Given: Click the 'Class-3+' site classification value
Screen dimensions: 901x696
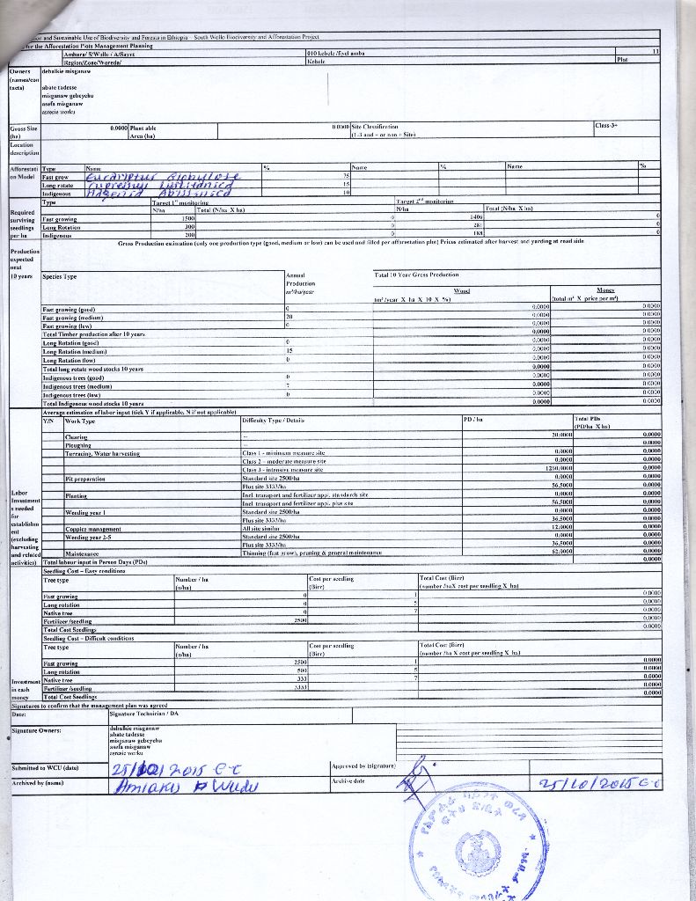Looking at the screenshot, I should pyautogui.click(x=606, y=126).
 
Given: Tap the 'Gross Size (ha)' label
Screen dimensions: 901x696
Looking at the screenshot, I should pyautogui.click(x=24, y=132).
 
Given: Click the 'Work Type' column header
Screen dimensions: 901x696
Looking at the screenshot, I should pyautogui.click(x=80, y=421).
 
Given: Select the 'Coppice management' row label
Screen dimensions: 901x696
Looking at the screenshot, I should pyautogui.click(x=93, y=528).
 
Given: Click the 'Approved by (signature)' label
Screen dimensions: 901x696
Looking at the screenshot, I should pyautogui.click(x=363, y=765).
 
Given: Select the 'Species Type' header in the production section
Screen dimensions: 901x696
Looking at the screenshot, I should pyautogui.click(x=60, y=276).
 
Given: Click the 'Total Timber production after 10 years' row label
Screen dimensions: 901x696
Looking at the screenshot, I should pyautogui.click(x=93, y=334).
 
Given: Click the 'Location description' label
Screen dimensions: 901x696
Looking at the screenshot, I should pyautogui.click(x=22, y=149).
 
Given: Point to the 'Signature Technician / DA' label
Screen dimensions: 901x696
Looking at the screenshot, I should pyautogui.click(x=133, y=714).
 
